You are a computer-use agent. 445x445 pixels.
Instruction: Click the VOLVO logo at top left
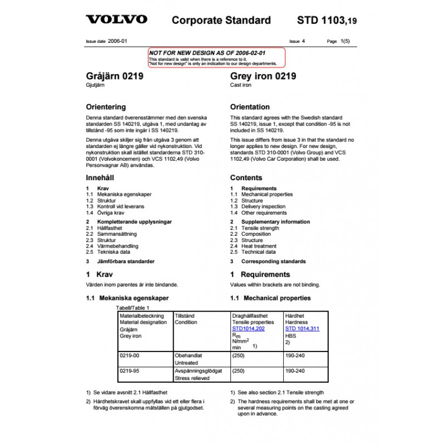point(116,20)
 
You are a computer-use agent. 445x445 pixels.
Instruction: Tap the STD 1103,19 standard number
point(327,21)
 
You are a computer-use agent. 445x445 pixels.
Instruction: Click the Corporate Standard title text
point(221,21)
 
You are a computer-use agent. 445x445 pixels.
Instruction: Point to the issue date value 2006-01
point(117,41)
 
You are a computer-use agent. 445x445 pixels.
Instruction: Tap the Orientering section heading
point(106,107)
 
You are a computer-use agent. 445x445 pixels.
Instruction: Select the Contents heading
point(246,178)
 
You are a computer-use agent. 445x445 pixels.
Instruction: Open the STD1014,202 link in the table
point(248,329)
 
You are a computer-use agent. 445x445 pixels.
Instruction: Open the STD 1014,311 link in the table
point(302,329)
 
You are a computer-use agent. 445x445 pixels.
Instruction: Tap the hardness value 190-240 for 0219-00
point(295,355)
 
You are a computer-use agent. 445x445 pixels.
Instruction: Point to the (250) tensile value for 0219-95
point(239,370)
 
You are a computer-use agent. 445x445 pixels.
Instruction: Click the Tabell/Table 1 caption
point(132,308)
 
